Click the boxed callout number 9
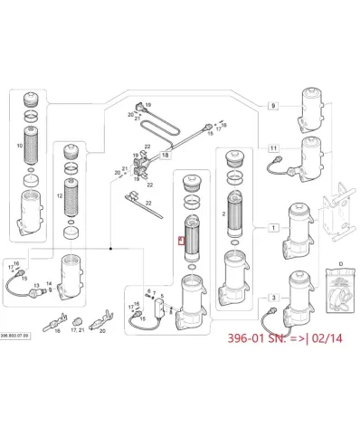click(272, 107)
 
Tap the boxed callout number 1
click(272, 230)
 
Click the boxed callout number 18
click(166, 157)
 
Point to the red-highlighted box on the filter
click(181, 242)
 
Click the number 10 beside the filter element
click(33, 145)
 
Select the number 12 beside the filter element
click(60, 195)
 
